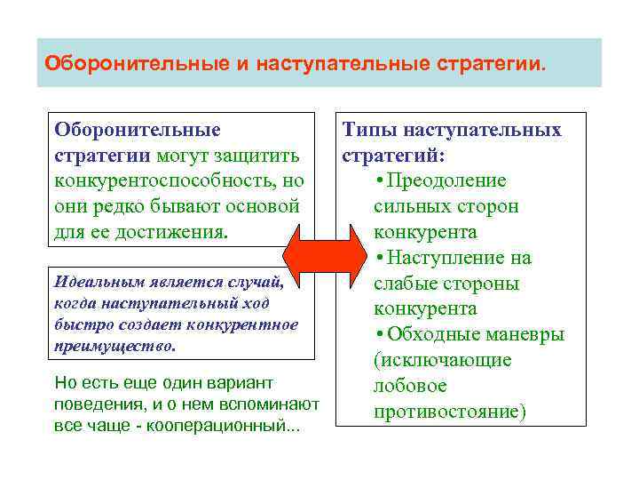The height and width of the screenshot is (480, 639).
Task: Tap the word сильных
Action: coord(409,207)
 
